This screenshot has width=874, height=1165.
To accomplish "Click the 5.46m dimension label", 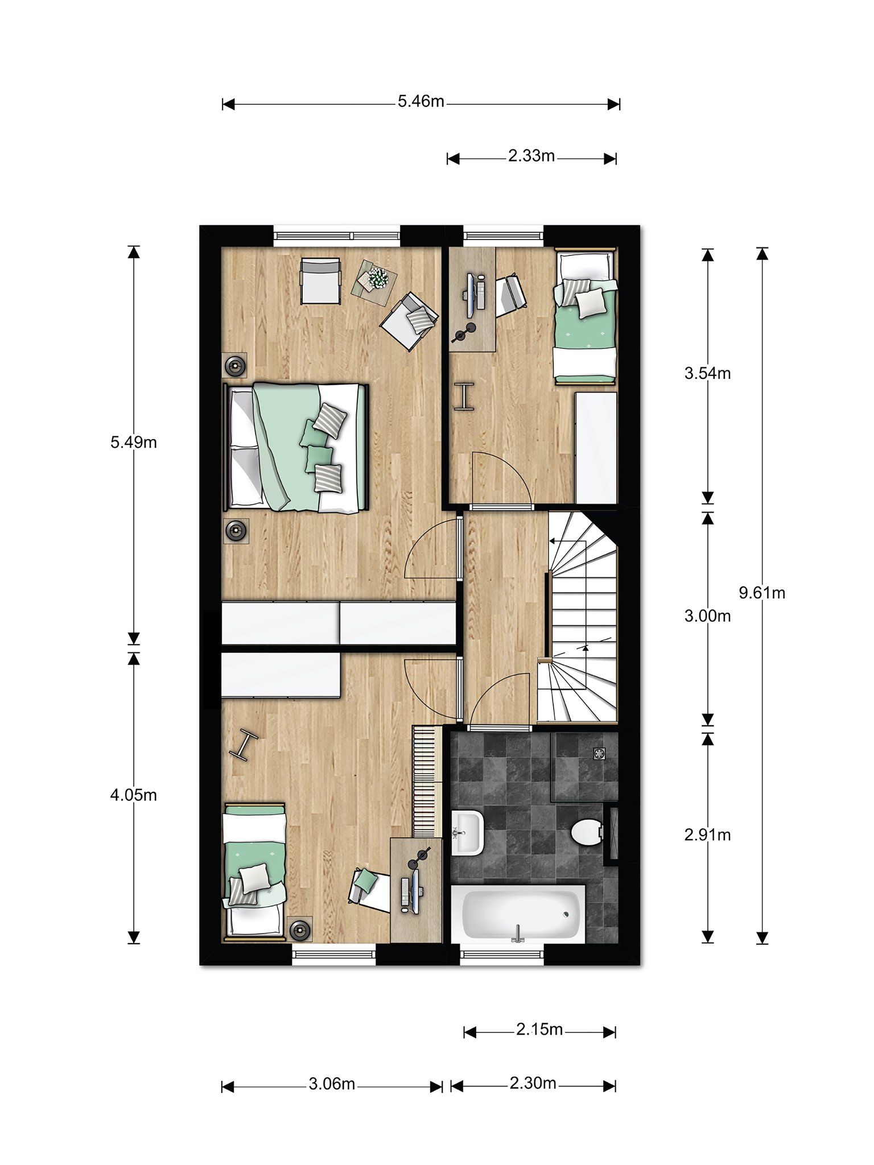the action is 421,102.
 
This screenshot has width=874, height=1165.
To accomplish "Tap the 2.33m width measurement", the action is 531,156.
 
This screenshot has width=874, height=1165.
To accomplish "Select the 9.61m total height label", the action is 762,593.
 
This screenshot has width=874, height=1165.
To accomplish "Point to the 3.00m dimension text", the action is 707,616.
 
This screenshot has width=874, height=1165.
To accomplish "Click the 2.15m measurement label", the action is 539,1029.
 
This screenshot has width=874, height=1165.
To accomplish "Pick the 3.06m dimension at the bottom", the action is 332,1084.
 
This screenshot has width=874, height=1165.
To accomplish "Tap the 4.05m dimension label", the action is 134,795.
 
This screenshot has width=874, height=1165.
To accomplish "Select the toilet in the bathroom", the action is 587,833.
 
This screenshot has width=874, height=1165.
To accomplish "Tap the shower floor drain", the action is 599,754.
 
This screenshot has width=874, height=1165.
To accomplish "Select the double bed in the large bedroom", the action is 296,447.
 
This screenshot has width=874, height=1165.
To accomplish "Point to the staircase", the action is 578,617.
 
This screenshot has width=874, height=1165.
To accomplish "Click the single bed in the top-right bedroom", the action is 586,316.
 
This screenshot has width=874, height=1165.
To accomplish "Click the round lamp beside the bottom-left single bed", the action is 299,930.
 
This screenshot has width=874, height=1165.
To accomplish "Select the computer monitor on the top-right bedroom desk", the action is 471,296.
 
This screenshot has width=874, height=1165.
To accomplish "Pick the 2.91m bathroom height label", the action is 707,835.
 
